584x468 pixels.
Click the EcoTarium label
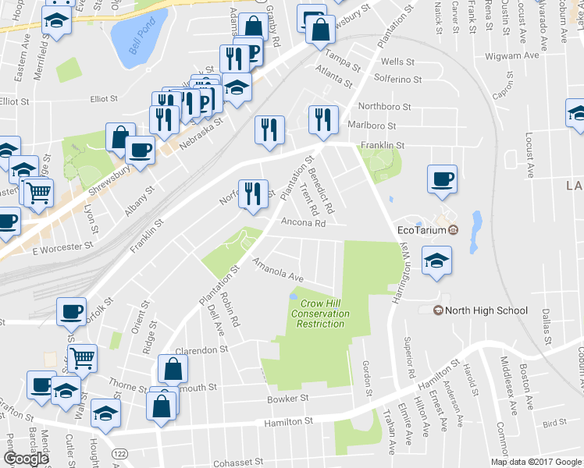click(421, 229)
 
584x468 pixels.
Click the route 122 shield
click(119, 452)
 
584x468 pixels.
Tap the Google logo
click(27, 459)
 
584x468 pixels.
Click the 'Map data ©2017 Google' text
click(536, 462)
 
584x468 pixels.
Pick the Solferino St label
click(397, 80)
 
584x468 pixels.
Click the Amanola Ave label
click(277, 271)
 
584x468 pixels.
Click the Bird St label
click(554, 423)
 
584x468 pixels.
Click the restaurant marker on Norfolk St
click(252, 194)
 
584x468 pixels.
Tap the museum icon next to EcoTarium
click(452, 229)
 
